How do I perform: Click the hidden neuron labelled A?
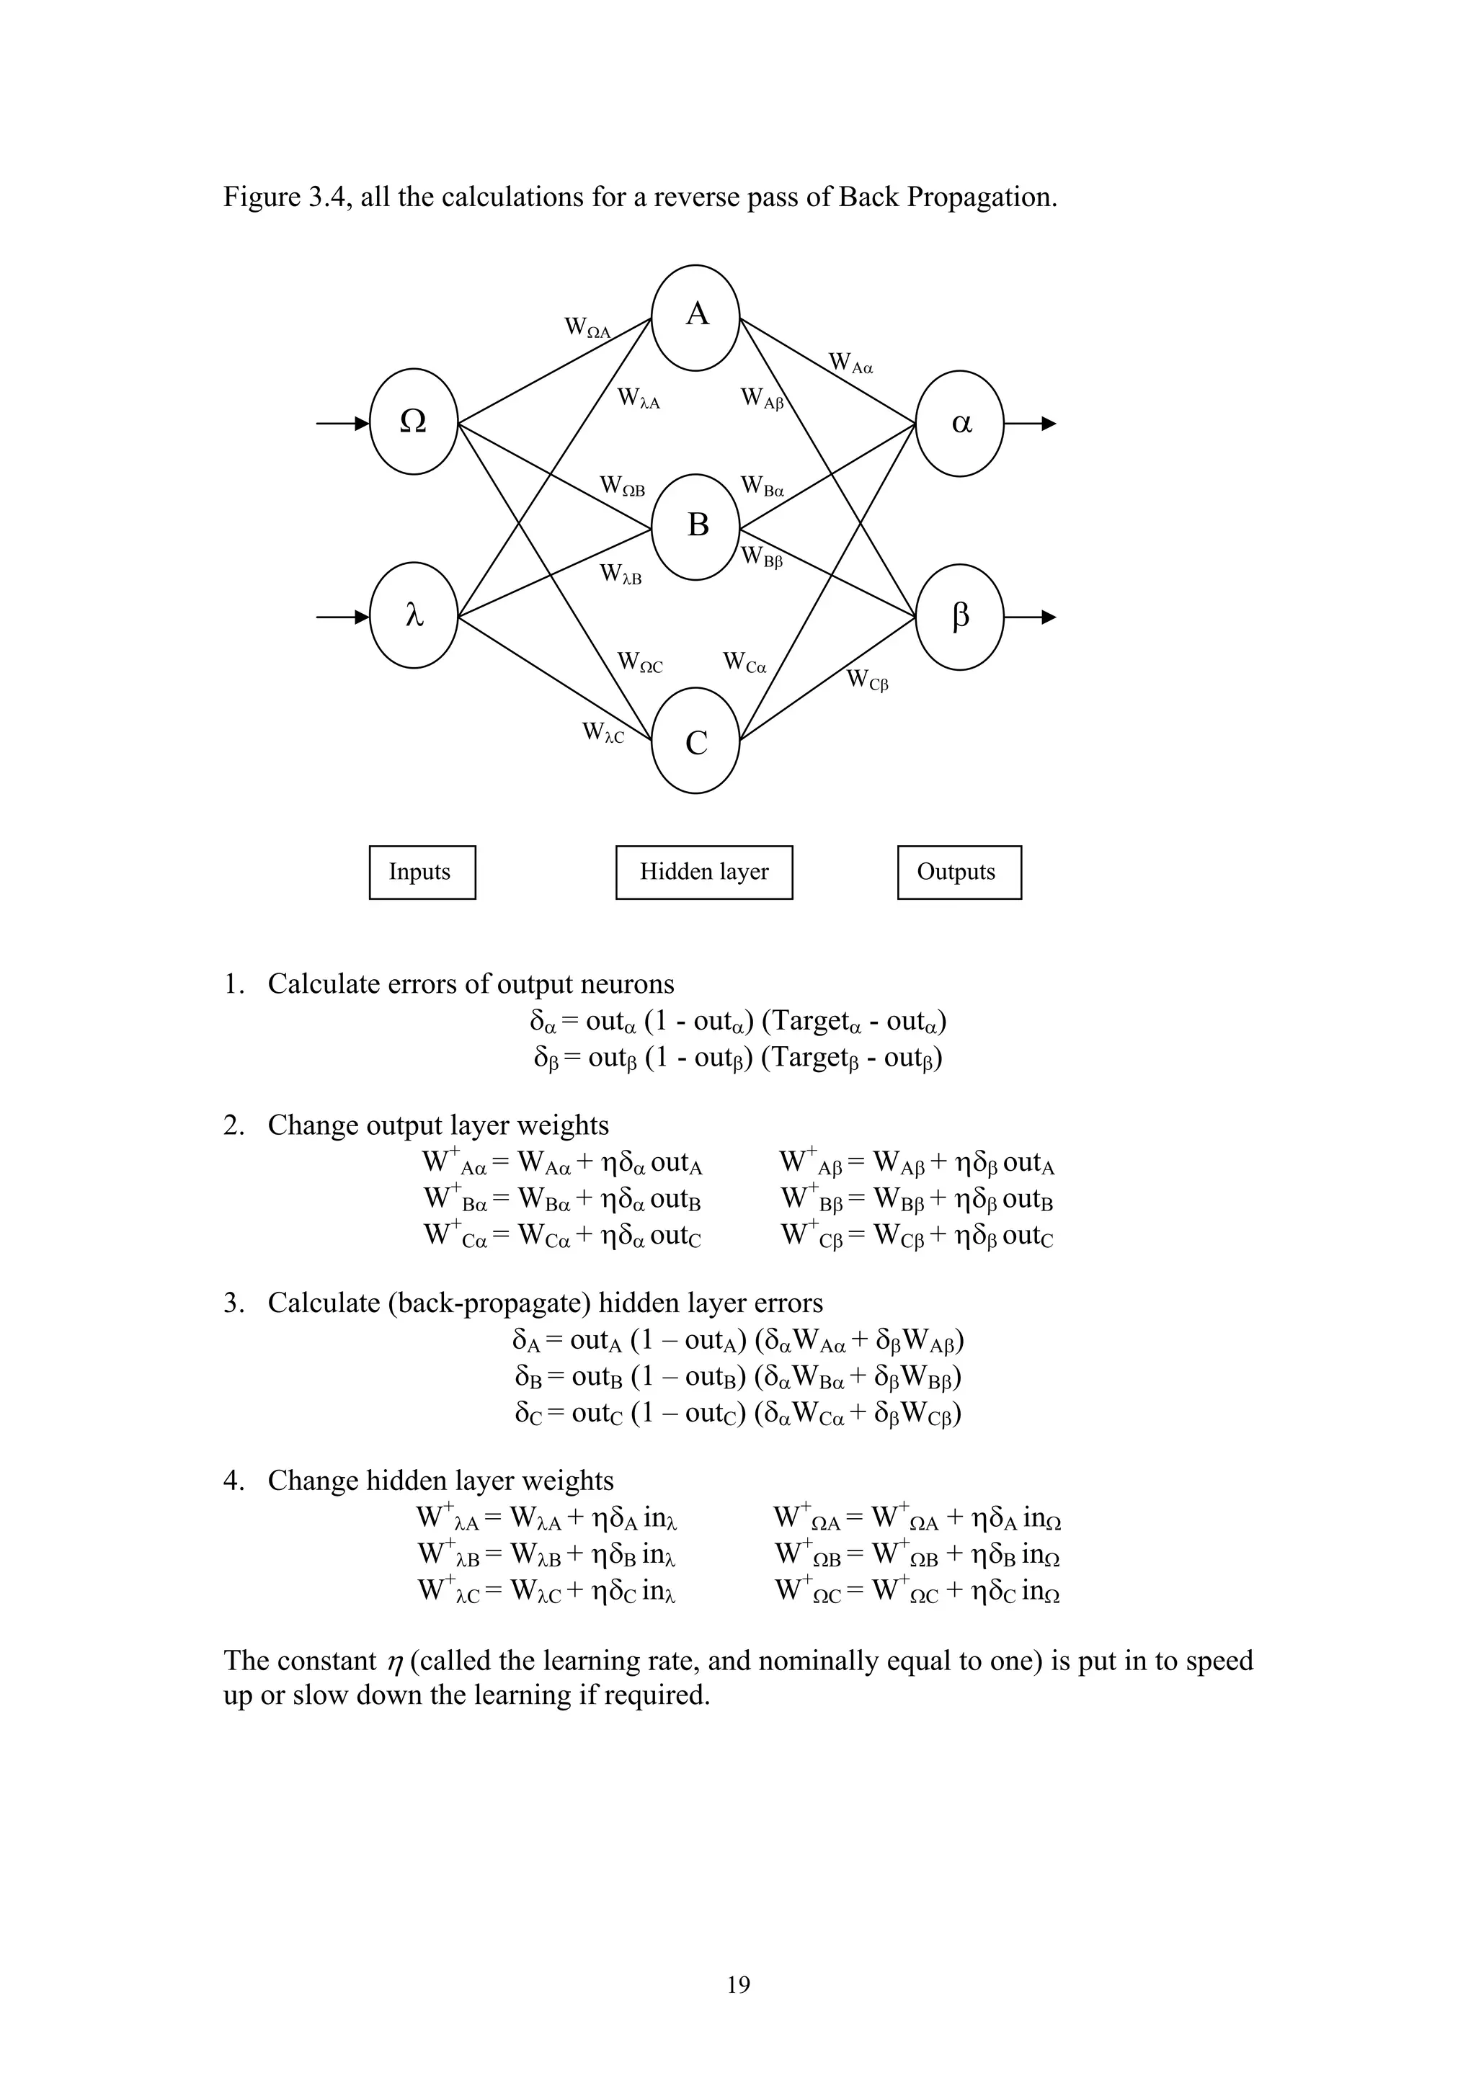(695, 318)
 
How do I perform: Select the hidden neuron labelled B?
(697, 527)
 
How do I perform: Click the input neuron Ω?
(414, 422)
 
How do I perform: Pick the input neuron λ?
(414, 616)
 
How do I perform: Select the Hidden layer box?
(704, 872)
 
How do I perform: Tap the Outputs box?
(959, 872)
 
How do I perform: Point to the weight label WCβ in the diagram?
(868, 679)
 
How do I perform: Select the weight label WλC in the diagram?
(604, 732)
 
